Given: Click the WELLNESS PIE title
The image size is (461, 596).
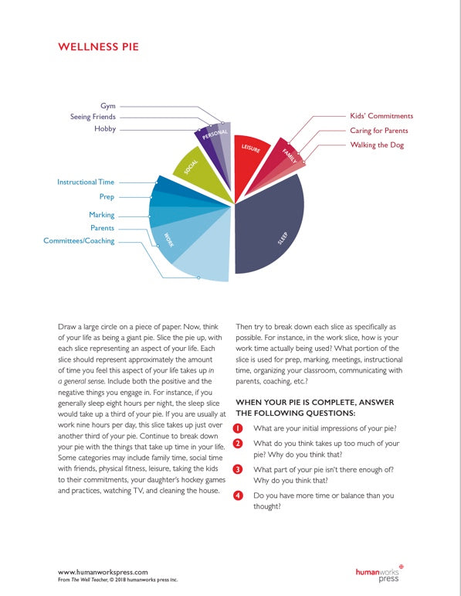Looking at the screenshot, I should point(98,47).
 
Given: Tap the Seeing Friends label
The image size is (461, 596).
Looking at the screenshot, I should point(93,117).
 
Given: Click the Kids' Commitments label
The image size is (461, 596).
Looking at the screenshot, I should point(381,116).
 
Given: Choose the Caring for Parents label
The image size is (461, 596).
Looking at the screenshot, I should point(378,131).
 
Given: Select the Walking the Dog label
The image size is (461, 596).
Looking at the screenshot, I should point(376,145).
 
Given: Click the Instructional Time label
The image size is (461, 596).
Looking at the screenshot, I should point(85,182).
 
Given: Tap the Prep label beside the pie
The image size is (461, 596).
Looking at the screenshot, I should point(107,197).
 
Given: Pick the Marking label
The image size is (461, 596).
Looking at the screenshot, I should point(101,215).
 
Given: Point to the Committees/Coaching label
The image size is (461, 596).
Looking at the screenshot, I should point(79,241).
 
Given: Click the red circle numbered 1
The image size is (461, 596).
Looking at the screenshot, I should point(239,428).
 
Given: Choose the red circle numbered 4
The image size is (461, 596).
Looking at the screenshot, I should point(239,495).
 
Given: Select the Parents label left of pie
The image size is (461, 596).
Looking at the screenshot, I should point(102,228).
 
